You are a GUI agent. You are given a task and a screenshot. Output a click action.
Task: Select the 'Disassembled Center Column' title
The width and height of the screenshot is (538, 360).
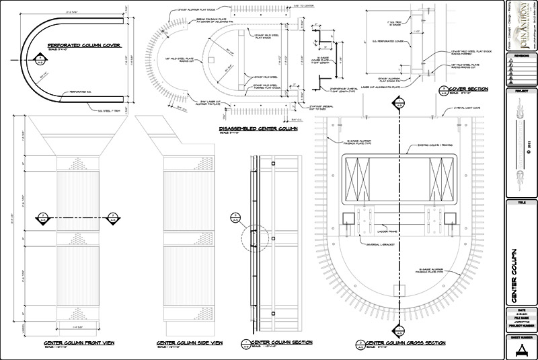point(252,128)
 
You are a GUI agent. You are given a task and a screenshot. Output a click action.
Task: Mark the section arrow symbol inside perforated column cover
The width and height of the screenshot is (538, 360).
point(40,62)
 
